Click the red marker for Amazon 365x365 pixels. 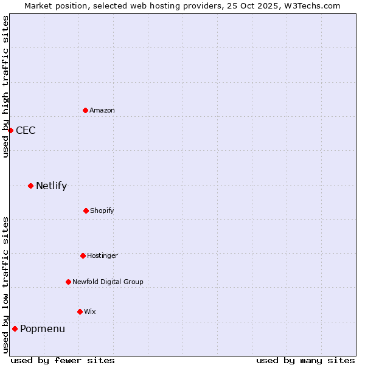(x=85, y=110)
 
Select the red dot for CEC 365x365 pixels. (x=10, y=130)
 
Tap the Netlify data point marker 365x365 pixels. (x=30, y=186)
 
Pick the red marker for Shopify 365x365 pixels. (x=86, y=210)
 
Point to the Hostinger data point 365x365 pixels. (x=83, y=255)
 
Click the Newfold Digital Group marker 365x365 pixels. (x=68, y=282)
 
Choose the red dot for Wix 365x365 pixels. (x=80, y=311)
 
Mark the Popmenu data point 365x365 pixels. (x=15, y=328)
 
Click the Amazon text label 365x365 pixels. (x=102, y=110)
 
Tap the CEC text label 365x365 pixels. (x=26, y=130)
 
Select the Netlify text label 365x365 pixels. (x=51, y=186)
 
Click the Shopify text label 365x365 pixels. (x=102, y=210)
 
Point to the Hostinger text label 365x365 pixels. (x=102, y=255)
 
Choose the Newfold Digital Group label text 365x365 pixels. (x=108, y=282)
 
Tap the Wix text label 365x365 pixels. (x=90, y=311)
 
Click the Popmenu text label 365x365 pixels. (x=43, y=328)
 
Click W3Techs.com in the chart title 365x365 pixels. (x=310, y=5)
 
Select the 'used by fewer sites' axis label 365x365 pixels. (x=63, y=360)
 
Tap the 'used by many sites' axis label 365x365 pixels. (x=305, y=360)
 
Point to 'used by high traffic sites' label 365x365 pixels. (x=5, y=86)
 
